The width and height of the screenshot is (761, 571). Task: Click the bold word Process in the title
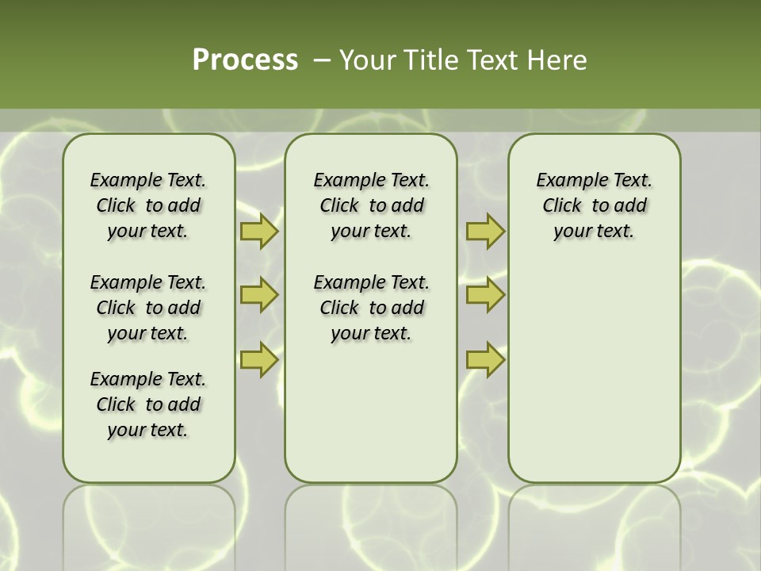[245, 60]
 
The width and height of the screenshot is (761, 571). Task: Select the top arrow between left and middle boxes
[259, 231]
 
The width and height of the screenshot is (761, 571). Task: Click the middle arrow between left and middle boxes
[259, 295]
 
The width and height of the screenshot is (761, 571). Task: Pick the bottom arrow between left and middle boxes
[259, 359]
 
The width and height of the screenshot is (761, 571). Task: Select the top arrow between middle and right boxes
[485, 231]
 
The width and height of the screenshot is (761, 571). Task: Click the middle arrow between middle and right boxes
[485, 295]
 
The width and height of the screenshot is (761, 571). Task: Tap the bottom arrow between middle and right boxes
[485, 359]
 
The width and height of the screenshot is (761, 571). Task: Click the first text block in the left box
[148, 205]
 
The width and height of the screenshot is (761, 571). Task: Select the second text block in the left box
[148, 308]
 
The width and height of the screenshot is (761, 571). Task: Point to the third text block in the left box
[148, 404]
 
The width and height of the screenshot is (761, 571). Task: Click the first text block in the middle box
[371, 205]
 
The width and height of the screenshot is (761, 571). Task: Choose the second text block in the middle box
[371, 308]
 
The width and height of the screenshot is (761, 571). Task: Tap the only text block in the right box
[594, 205]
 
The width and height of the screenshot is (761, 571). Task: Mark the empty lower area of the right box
[594, 365]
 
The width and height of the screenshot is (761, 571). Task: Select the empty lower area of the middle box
[371, 412]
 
